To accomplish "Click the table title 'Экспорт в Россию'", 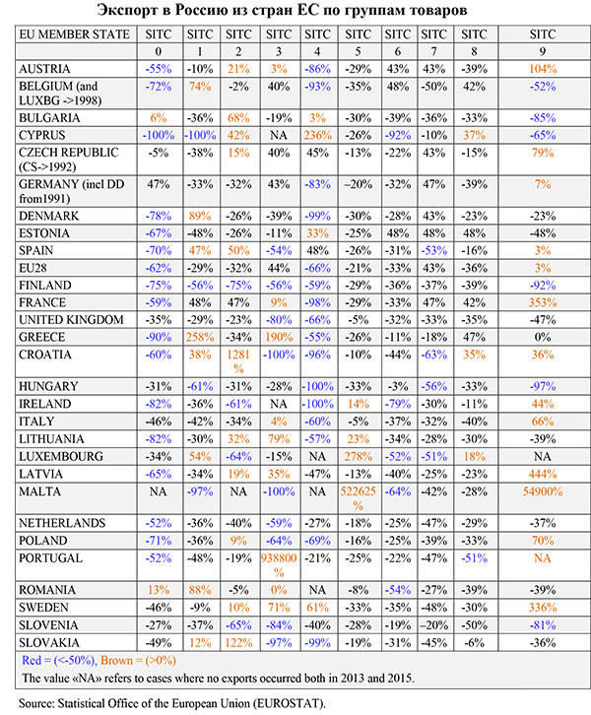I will coord(295,11).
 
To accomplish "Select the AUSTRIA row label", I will coord(48,70).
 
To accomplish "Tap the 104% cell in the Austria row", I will coord(543,70).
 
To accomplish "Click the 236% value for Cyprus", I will coord(317,135).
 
